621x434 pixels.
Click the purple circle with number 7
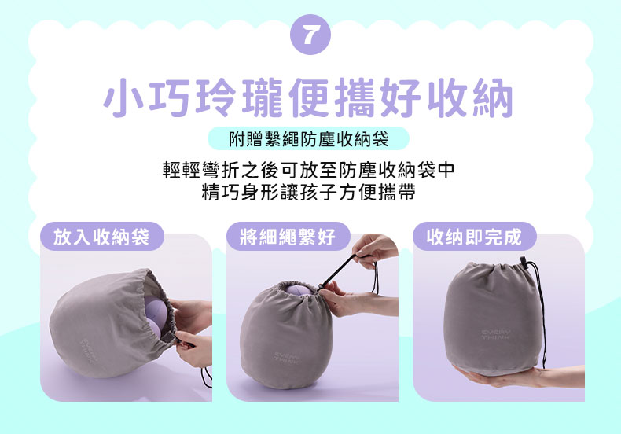[x=310, y=35]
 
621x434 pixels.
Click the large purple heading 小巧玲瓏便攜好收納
[x=308, y=97]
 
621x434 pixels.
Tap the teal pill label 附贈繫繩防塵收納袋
[x=308, y=138]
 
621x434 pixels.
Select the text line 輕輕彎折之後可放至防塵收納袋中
[x=308, y=171]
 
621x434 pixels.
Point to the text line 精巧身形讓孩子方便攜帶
[x=308, y=193]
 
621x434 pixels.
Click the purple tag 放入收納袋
[x=101, y=237]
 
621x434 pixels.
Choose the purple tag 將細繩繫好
[x=288, y=237]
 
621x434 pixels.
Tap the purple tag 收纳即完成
[x=474, y=237]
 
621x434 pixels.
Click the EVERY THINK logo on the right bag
[x=496, y=335]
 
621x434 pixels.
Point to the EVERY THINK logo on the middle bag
[x=288, y=356]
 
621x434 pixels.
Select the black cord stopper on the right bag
[x=524, y=262]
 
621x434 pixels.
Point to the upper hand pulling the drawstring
[x=373, y=248]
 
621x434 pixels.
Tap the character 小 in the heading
[x=124, y=97]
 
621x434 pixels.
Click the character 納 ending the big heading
[x=493, y=97]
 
